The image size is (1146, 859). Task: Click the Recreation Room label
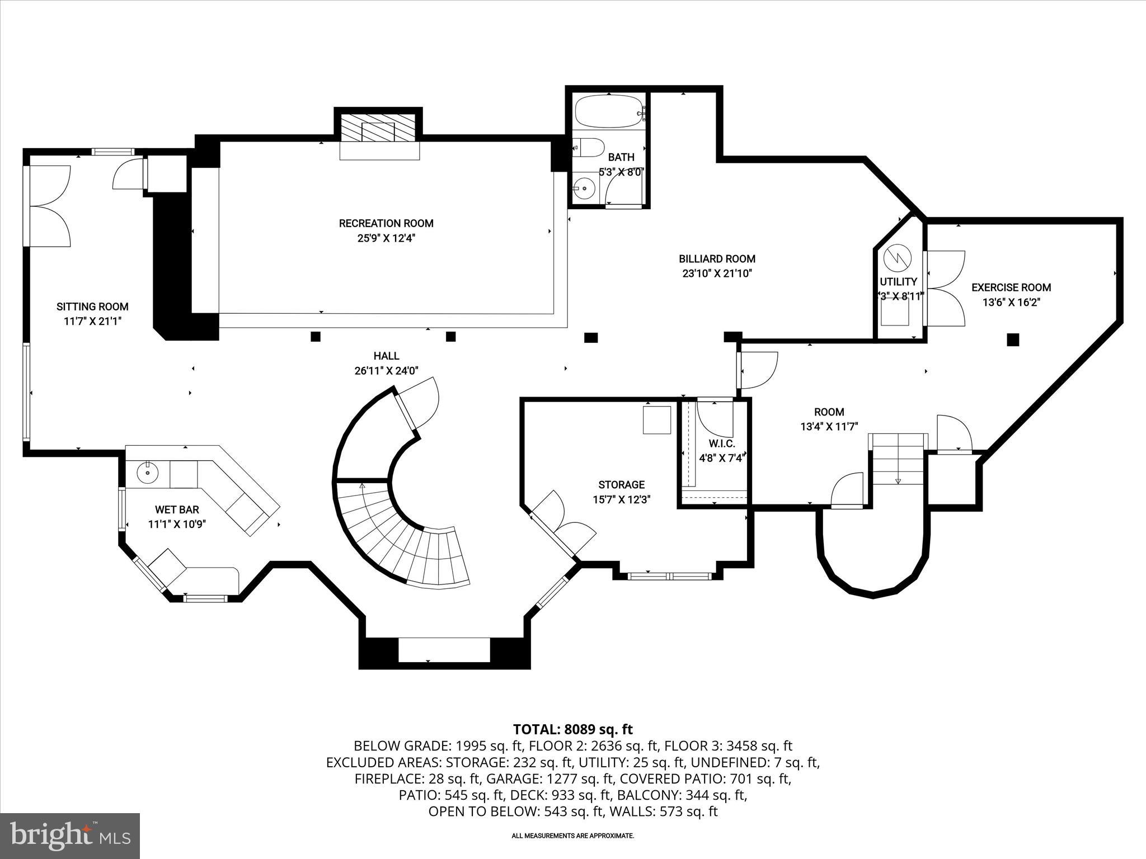386,224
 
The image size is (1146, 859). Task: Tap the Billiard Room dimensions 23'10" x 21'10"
717,273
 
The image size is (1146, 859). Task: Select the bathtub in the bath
609,112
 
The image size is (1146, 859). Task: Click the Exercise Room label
1011,287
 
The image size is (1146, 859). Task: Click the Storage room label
621,485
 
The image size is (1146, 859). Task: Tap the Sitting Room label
92,306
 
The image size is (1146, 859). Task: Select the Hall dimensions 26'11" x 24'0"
386,370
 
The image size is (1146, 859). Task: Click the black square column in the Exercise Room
1013,339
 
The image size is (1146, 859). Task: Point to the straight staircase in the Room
898,459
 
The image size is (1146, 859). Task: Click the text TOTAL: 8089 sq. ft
572,729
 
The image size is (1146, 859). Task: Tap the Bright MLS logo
70,836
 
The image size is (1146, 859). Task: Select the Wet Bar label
177,510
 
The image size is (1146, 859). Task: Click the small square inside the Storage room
656,420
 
